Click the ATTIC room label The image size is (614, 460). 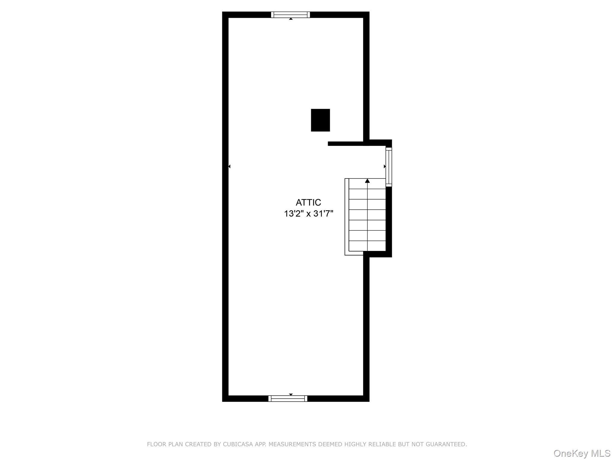(x=308, y=202)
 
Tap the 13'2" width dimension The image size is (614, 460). (x=294, y=214)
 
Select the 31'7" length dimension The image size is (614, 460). (x=323, y=214)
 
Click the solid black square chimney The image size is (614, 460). (x=320, y=120)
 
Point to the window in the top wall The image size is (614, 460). (x=290, y=15)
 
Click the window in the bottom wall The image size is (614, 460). (x=288, y=398)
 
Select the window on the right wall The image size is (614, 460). (x=389, y=167)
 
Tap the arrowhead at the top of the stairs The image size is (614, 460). (x=367, y=181)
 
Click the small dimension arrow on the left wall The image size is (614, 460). (x=229, y=166)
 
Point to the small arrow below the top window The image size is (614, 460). (x=291, y=19)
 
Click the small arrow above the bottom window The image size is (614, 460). (x=291, y=394)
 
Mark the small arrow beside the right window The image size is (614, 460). (x=385, y=166)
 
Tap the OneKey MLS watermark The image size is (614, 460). (x=582, y=453)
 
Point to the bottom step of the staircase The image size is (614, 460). (x=367, y=246)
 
